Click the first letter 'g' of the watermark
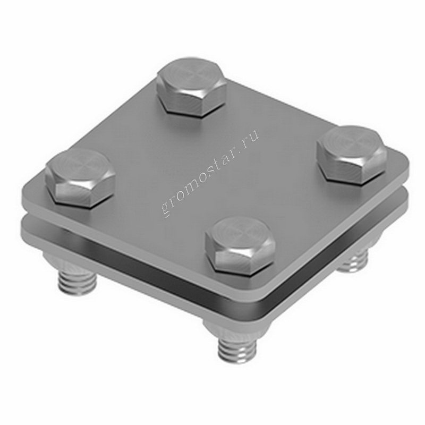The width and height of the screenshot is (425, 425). [x=166, y=209]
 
